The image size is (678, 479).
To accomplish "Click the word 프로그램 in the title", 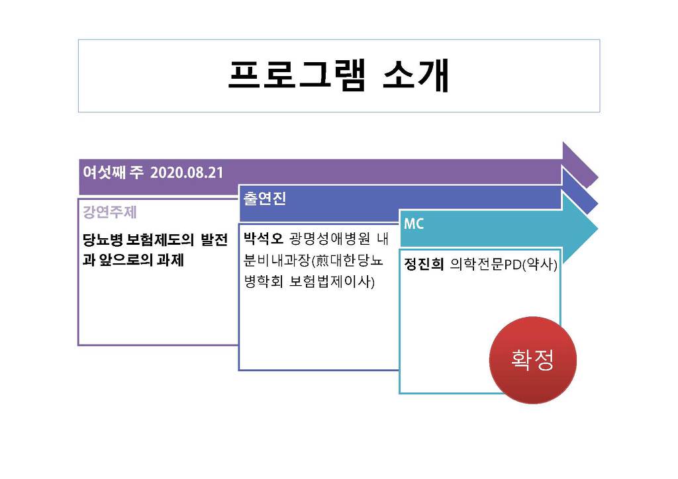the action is click(x=297, y=75).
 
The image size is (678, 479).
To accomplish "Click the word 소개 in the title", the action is click(x=416, y=75).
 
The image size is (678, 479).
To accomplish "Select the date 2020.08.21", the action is click(x=187, y=173).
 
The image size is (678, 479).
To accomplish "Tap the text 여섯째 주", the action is click(x=113, y=173).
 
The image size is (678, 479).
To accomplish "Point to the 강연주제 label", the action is click(x=110, y=212).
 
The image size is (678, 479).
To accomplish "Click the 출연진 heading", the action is click(x=265, y=198).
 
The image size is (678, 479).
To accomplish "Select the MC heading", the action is click(x=413, y=224).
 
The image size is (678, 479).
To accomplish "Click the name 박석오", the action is click(x=263, y=238).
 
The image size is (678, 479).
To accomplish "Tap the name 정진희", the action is click(x=424, y=264).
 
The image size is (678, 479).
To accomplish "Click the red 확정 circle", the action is click(x=533, y=360).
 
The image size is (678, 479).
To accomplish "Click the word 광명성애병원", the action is click(x=330, y=238).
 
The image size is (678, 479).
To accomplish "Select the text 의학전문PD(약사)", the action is click(x=503, y=264).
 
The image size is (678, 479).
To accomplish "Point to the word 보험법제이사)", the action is click(x=332, y=282).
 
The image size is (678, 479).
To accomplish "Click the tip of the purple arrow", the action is click(x=598, y=177).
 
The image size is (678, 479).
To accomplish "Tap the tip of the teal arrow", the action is click(x=598, y=229).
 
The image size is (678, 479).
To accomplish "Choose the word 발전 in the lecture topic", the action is click(x=214, y=239).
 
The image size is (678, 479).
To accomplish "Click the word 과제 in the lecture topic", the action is click(x=170, y=259).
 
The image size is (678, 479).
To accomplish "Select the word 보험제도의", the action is click(x=160, y=239).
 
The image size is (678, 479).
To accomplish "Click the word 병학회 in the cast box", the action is click(x=264, y=282).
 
